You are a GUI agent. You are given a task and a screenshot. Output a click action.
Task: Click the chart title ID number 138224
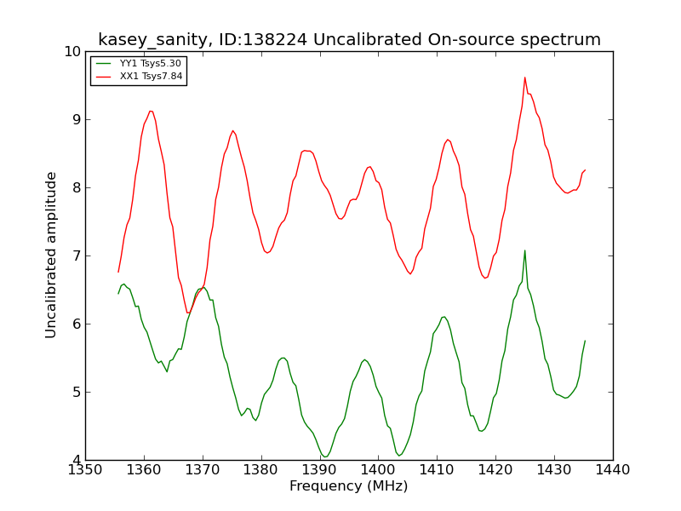[263, 39]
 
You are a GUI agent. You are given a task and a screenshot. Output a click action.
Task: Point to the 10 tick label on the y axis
[72, 52]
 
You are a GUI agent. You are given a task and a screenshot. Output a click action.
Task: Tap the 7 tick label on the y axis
[77, 256]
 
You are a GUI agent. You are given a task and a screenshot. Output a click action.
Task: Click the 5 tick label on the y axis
[77, 392]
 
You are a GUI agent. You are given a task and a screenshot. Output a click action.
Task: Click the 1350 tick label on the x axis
[85, 470]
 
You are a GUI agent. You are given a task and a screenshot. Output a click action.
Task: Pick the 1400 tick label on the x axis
[378, 470]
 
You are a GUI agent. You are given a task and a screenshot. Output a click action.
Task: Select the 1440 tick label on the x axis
[613, 470]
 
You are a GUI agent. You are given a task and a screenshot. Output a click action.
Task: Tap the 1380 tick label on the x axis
[261, 470]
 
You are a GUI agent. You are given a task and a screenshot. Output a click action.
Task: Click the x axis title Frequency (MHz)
[349, 485]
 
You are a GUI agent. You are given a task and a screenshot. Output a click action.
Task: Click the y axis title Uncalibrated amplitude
[51, 255]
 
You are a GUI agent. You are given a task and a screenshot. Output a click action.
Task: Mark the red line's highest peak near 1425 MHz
[525, 78]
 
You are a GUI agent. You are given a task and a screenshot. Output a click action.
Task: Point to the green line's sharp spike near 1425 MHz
[525, 250]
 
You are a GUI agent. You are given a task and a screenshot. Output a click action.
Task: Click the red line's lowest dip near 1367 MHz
[188, 313]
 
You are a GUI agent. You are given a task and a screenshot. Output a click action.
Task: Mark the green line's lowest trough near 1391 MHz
[324, 456]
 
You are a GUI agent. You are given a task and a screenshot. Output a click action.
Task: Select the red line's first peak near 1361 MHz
[151, 112]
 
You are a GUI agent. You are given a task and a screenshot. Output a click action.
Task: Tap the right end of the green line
[585, 341]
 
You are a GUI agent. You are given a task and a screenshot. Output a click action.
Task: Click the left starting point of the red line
[118, 272]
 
